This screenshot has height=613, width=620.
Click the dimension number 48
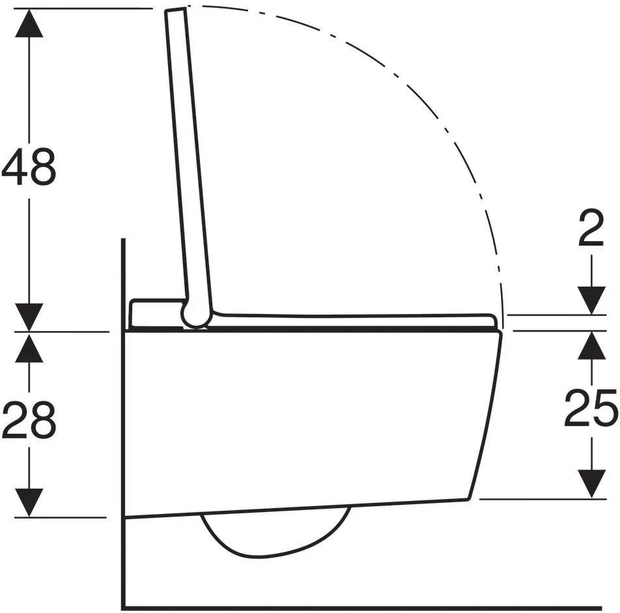29,167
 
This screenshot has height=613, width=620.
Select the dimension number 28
29,420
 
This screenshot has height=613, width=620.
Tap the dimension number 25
591,408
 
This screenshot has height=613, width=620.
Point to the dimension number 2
591,228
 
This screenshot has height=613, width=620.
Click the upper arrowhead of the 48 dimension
29,23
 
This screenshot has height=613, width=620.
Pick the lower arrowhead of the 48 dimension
29,317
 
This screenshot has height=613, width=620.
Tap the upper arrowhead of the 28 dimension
29,347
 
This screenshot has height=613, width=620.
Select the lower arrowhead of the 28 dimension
29,503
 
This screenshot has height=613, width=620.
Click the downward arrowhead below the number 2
591,300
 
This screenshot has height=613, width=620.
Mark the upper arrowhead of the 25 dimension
591,345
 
